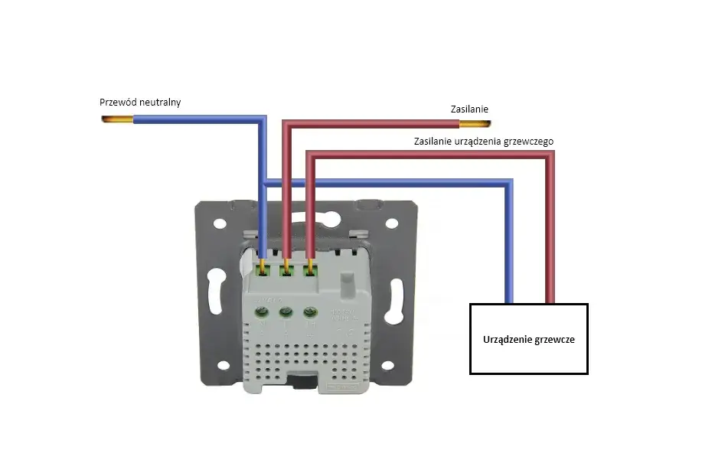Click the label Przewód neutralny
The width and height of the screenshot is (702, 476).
tap(140, 102)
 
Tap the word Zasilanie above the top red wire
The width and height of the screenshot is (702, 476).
tap(469, 110)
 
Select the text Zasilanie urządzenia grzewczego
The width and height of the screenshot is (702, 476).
tap(483, 142)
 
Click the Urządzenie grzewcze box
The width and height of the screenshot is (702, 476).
tap(528, 339)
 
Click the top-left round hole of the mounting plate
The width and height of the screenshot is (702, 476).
tap(220, 225)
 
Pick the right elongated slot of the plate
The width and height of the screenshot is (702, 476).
tap(397, 295)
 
